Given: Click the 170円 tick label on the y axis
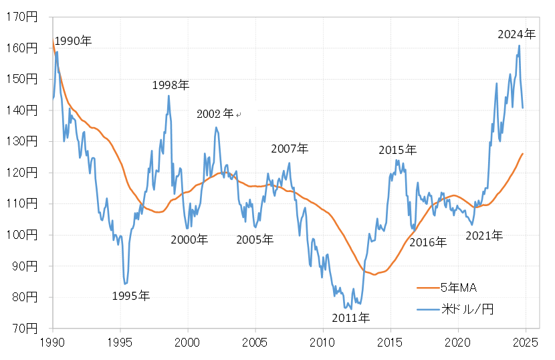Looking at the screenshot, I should click(25, 17).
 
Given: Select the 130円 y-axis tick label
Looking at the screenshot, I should click(25, 141).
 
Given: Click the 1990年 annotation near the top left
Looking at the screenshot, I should click(73, 41).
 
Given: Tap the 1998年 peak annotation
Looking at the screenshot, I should click(171, 85).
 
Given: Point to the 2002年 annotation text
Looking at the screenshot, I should click(215, 114).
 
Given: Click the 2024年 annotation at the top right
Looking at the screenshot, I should click(516, 33).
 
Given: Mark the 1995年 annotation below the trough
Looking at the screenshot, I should click(131, 295).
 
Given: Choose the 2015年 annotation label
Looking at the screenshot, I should click(397, 150).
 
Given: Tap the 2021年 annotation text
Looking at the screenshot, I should click(483, 235).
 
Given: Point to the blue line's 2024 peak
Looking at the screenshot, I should click(519, 46).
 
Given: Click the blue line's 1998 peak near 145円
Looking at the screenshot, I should click(169, 95).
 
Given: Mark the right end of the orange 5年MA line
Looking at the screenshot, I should click(523, 154).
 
